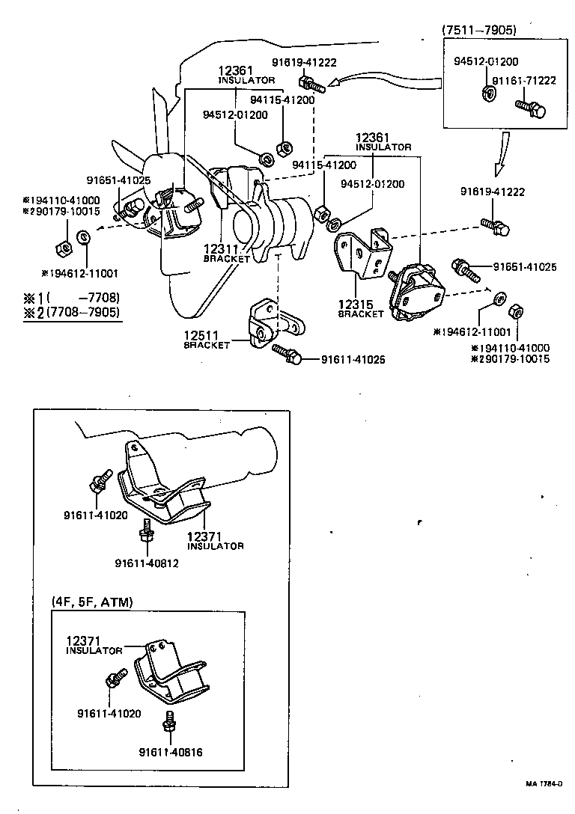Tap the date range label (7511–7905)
tap(478, 30)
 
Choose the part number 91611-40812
tap(147, 563)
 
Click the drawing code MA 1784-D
tap(543, 783)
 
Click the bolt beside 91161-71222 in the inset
tap(531, 108)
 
